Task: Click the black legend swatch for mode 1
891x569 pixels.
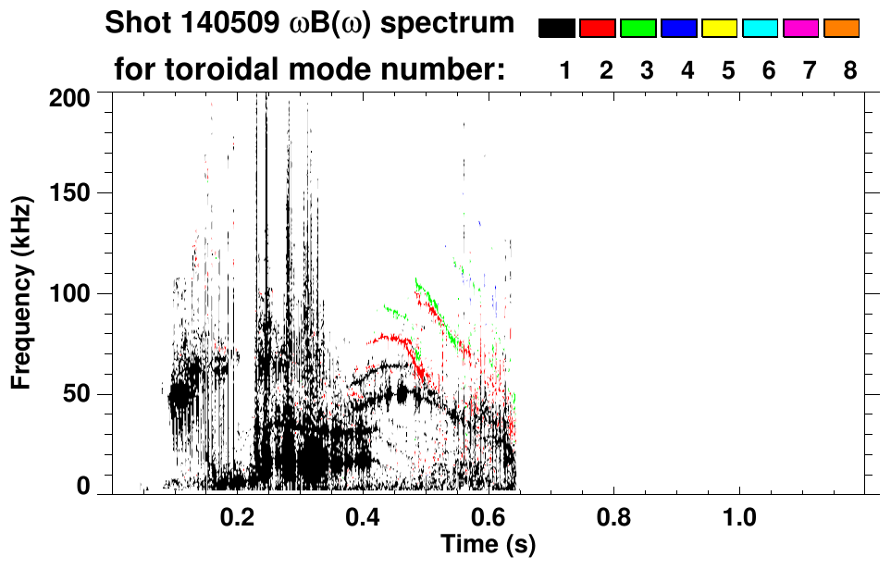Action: [557, 29]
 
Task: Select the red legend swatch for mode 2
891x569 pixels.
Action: [598, 29]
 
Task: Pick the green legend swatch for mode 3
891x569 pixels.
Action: [638, 29]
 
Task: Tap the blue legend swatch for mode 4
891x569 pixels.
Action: [679, 29]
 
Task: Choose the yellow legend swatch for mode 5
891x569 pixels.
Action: [720, 29]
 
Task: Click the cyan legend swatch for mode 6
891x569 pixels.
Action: [761, 29]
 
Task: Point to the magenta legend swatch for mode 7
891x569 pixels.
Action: [801, 29]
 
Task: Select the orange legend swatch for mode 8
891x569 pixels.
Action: [842, 29]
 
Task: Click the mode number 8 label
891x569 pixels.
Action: [850, 70]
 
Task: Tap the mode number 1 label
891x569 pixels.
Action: [564, 70]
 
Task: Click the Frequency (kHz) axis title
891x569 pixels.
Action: [22, 292]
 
